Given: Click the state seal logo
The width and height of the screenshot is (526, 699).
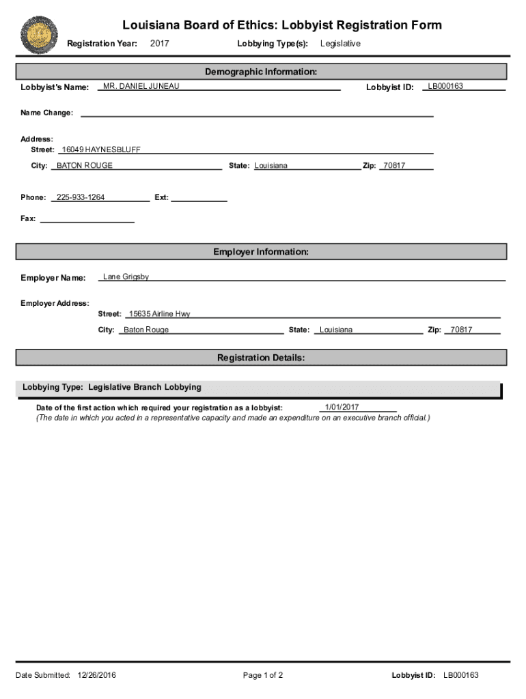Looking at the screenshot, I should tap(39, 35).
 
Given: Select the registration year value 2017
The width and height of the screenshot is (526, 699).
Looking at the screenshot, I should tap(159, 44).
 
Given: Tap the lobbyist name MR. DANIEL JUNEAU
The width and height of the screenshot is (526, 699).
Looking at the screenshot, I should tap(141, 86).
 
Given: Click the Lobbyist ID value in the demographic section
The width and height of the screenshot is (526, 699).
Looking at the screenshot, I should tap(445, 86).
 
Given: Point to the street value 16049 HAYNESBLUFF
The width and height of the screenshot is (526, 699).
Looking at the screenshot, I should tap(101, 149).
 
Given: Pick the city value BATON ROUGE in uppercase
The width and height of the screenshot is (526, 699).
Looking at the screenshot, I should tap(85, 166).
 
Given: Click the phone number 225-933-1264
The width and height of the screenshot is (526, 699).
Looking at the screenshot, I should tap(81, 197).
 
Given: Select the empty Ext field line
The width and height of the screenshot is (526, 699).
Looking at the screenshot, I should tap(199, 200).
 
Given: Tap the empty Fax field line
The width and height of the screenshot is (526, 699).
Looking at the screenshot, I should tap(87, 220).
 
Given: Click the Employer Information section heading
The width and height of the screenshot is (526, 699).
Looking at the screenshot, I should tap(261, 252).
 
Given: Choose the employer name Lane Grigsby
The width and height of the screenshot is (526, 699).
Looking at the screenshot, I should tap(126, 277).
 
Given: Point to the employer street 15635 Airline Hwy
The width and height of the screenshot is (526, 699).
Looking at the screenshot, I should tap(160, 314).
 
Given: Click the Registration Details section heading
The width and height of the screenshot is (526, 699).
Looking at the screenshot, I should tap(261, 358).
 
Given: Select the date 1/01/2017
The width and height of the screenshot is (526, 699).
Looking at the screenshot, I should tap(342, 408).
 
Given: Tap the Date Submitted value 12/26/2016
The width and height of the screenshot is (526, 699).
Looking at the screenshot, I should tap(97, 676).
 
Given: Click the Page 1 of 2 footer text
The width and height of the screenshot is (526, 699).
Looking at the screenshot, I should tap(263, 676).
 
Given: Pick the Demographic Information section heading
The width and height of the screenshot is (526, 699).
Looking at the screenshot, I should tap(261, 72).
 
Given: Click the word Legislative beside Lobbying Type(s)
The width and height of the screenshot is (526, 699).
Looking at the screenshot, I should tap(340, 44).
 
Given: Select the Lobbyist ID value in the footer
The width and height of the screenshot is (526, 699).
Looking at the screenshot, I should tap(461, 676).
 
